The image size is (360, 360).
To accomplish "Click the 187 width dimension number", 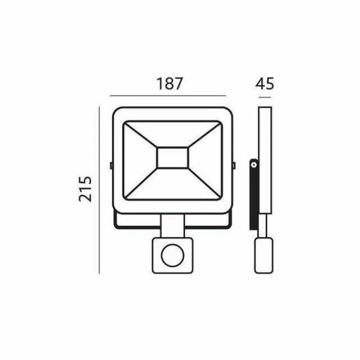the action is coord(170,84).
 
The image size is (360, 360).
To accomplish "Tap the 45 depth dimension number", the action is coord(265,84).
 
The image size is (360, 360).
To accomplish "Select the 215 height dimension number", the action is coord(85,189).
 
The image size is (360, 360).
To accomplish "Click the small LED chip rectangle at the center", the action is coord(172,157).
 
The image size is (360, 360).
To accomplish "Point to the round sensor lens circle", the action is coord(173,255).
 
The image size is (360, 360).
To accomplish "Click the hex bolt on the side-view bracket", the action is coord(254,165).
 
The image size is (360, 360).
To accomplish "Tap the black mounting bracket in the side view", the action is coord(254,194).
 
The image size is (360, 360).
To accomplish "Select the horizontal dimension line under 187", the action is coord(168,96).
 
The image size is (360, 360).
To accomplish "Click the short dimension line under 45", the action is coord(265,98).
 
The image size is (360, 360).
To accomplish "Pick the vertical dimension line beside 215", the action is coord(99,190).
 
